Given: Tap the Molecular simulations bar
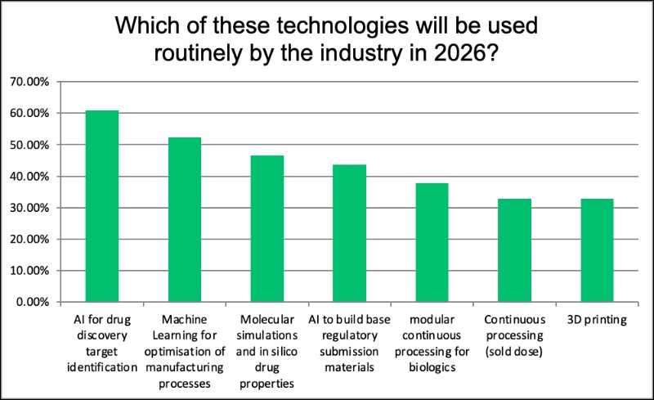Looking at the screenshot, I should (x=267, y=228).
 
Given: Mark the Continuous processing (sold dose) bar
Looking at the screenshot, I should (x=514, y=250).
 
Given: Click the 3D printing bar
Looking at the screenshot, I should (x=597, y=250).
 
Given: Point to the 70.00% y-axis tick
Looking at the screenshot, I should (x=29, y=82).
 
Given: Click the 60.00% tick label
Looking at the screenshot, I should (x=29, y=114).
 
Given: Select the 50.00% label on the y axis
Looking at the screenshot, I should (x=29, y=145).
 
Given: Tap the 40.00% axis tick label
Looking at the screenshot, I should (x=29, y=177).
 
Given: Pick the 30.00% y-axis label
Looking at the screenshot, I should (x=29, y=208).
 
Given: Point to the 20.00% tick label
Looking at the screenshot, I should (x=29, y=240).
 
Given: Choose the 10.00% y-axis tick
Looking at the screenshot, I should (x=29, y=271).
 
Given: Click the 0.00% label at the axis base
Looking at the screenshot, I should (x=32, y=302).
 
